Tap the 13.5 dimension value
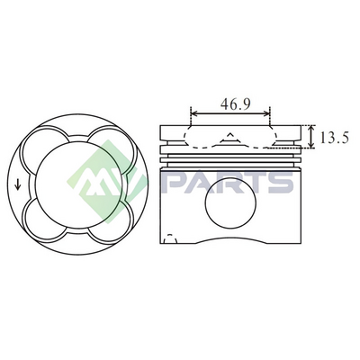(x=334, y=138)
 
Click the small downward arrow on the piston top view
(x=18, y=184)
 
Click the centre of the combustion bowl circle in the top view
(x=78, y=184)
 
